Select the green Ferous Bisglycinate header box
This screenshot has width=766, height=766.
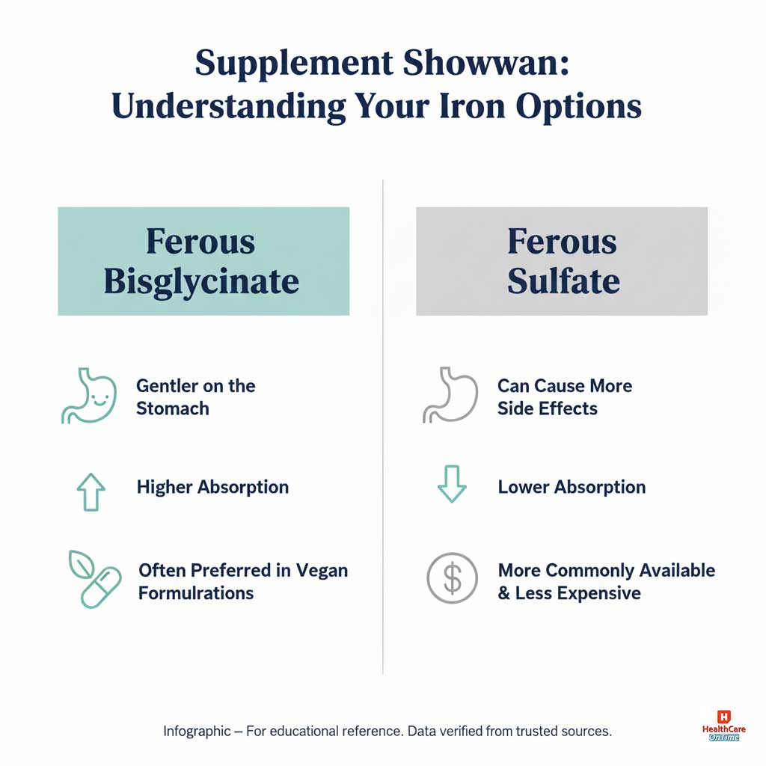click(203, 261)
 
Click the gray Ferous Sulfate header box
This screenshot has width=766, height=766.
click(562, 261)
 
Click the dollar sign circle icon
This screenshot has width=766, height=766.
click(452, 578)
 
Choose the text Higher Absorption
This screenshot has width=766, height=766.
click(212, 487)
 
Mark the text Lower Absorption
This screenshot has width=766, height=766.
click(572, 487)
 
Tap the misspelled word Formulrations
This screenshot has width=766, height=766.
click(196, 593)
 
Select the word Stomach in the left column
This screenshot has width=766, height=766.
click(173, 408)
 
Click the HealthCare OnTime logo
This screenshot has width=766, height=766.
click(722, 726)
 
